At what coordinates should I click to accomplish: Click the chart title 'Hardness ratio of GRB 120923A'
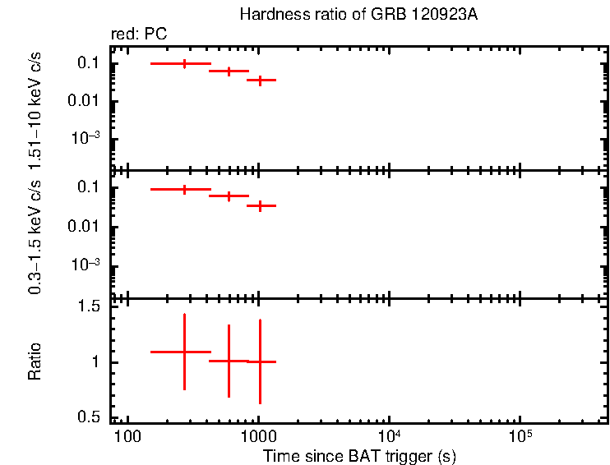click(357, 15)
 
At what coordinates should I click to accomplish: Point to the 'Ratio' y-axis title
click(35, 361)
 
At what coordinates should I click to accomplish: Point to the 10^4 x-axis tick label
click(389, 434)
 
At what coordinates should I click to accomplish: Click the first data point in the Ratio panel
click(184, 352)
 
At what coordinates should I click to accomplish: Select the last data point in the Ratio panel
click(260, 361)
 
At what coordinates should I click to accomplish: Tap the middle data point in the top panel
click(229, 71)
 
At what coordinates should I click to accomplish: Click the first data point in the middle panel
click(184, 189)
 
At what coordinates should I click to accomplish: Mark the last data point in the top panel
click(260, 81)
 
